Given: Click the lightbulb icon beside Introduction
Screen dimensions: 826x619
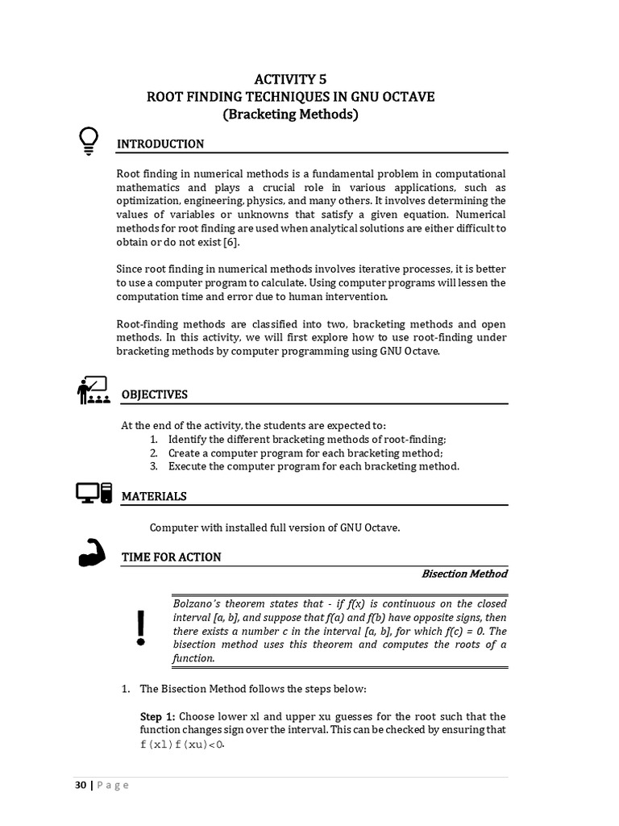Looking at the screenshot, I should click(89, 140).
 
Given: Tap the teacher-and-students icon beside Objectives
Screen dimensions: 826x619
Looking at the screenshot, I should click(93, 390).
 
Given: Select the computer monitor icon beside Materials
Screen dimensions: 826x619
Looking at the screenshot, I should click(93, 493).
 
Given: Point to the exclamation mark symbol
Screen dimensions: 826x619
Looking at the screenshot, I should click(142, 628).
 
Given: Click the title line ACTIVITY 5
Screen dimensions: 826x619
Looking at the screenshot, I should click(289, 78).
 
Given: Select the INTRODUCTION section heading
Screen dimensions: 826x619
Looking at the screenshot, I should click(160, 144).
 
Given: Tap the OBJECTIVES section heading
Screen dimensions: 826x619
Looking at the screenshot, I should click(154, 394).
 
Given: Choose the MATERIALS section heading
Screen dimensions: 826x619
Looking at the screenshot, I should click(153, 496).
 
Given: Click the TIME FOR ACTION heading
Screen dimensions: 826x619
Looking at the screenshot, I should click(171, 557).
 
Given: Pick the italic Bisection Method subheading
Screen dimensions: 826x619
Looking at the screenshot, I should click(464, 574).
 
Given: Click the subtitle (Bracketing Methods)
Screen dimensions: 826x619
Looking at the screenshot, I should click(289, 115).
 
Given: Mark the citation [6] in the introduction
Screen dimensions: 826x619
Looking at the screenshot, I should click(231, 242).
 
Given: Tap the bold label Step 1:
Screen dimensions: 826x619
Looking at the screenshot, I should click(157, 716).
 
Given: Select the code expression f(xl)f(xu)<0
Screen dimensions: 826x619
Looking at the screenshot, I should click(181, 744).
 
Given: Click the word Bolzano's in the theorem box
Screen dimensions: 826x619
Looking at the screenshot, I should click(196, 603).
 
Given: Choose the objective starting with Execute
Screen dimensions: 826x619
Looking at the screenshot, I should click(314, 466).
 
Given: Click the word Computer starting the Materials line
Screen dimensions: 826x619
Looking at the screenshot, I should click(172, 527).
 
